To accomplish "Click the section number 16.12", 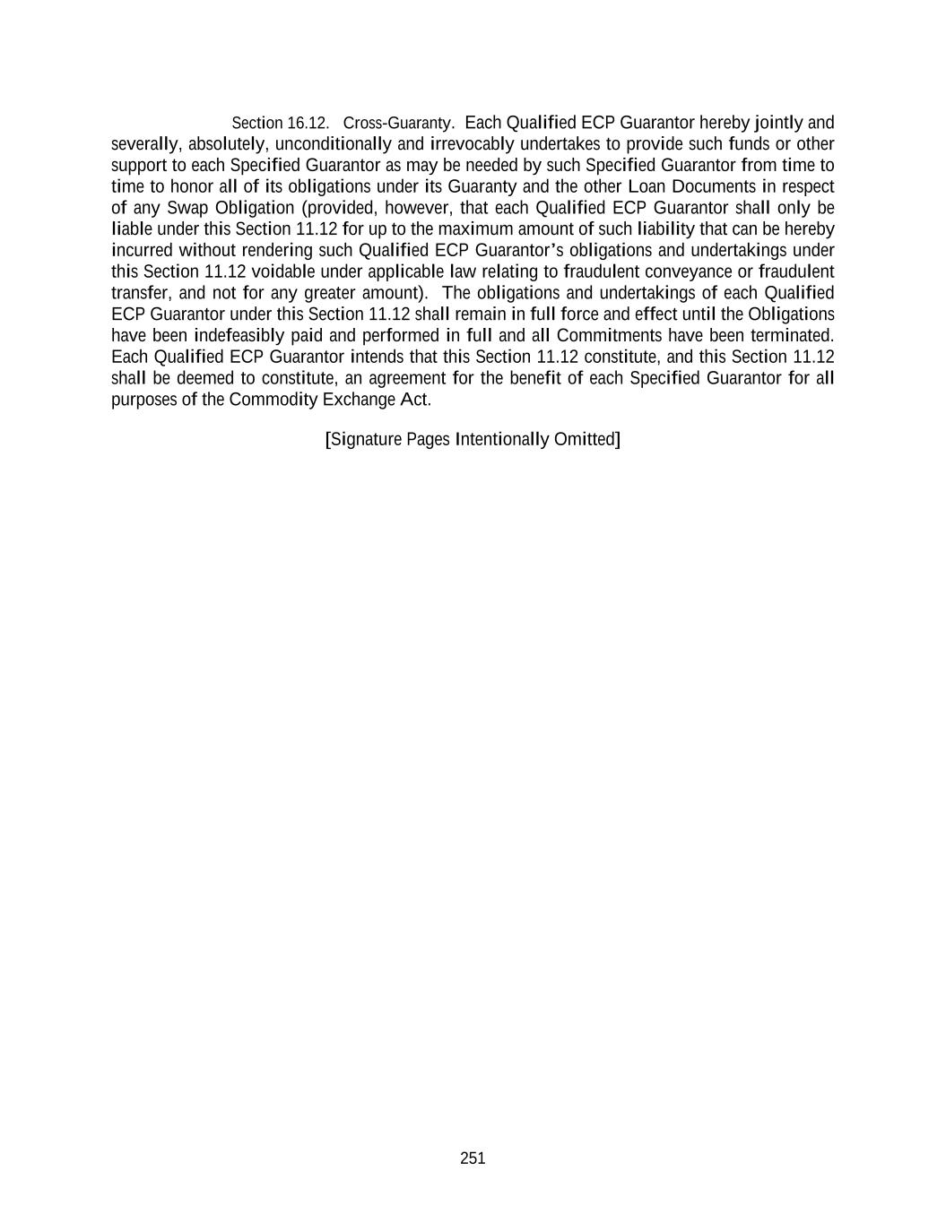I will coord(308,123).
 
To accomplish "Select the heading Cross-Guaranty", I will coord(398,123).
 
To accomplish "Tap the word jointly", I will coord(778,123).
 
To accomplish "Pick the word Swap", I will coord(187,208).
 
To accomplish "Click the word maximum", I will coord(475,229).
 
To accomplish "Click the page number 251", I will coord(473,1158).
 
